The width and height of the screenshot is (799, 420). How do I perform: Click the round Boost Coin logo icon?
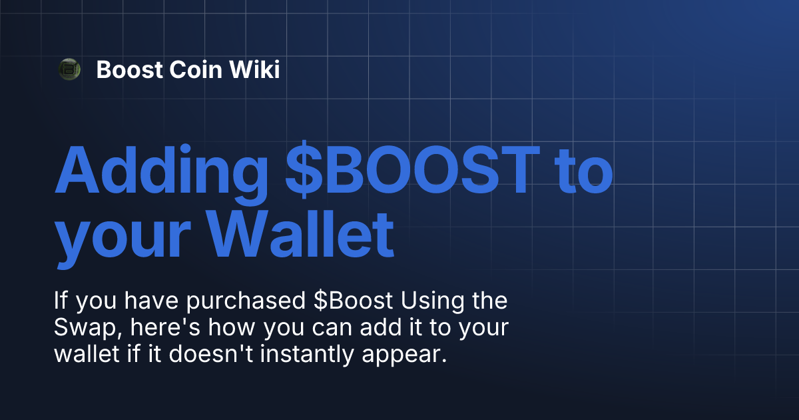pos(69,69)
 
